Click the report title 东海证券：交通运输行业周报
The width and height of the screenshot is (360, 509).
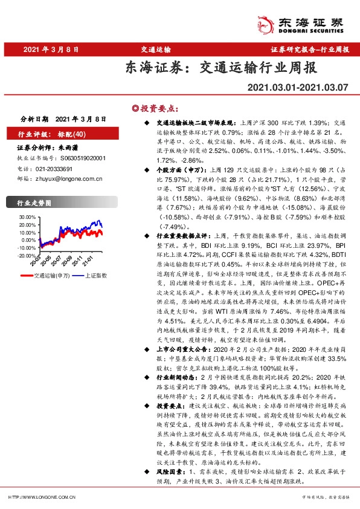tap(220, 68)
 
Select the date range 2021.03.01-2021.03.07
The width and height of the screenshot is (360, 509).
tap(298, 88)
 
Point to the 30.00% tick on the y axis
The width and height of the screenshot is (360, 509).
tap(28, 216)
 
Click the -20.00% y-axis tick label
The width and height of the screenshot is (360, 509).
tap(27, 256)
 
